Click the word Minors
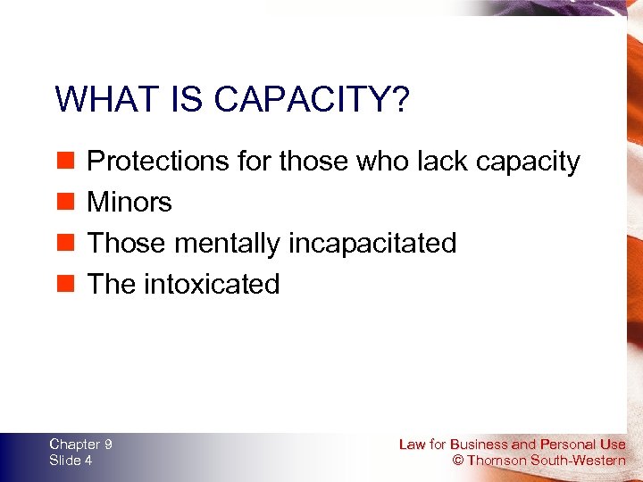coord(129,203)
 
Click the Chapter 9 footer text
coord(80,444)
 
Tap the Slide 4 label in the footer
coord(71,460)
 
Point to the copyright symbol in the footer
coord(458,461)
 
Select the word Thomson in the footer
coord(497,461)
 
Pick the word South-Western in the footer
coord(578,461)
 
